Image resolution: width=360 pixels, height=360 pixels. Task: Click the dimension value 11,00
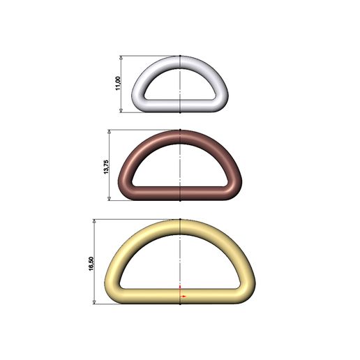(x=118, y=84)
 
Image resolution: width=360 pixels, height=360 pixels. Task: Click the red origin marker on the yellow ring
(x=181, y=296)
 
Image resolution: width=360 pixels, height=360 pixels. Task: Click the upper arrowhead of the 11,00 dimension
(x=123, y=59)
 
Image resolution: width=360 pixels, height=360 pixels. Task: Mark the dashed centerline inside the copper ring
(x=181, y=164)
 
